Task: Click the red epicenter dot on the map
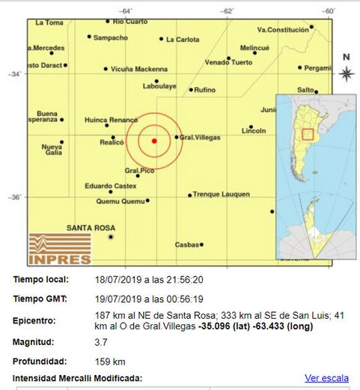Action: click(x=154, y=140)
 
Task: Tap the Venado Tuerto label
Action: click(x=229, y=61)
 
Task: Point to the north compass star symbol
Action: click(x=346, y=73)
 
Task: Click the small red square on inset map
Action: click(x=307, y=135)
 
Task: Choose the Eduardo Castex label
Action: click(x=110, y=185)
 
